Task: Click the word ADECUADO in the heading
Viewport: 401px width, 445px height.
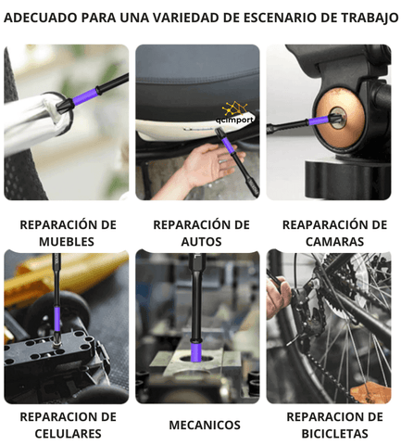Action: pyautogui.click(x=41, y=18)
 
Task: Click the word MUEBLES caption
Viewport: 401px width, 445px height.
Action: pyautogui.click(x=67, y=242)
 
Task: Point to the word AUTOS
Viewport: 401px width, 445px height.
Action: pyautogui.click(x=201, y=242)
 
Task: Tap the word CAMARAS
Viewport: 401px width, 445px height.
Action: pyautogui.click(x=334, y=242)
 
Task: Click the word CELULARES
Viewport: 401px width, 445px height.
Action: pyautogui.click(x=68, y=434)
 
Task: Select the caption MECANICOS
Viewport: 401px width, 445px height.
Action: pyautogui.click(x=205, y=426)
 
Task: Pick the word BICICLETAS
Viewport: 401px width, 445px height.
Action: pyautogui.click(x=334, y=434)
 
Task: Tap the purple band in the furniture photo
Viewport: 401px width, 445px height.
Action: pyautogui.click(x=84, y=96)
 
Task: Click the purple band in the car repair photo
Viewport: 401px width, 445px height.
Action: pyautogui.click(x=228, y=146)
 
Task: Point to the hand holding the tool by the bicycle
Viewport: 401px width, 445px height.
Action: pyautogui.click(x=278, y=297)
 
